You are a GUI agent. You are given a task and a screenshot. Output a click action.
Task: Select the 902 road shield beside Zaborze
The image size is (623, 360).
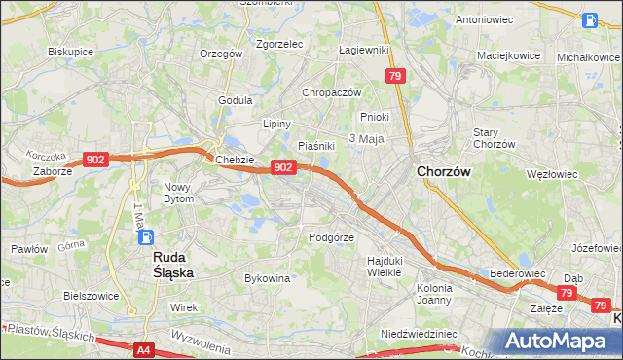[94, 160]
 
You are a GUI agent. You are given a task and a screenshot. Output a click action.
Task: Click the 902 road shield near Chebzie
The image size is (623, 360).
[282, 167]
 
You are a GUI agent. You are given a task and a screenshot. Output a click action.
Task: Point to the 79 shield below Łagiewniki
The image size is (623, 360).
[394, 76]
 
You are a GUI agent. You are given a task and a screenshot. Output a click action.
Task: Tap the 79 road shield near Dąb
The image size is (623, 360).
[567, 293]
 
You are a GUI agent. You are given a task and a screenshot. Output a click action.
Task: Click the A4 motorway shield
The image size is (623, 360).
[143, 349]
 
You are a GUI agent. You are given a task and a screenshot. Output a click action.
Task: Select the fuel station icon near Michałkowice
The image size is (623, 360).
[590, 19]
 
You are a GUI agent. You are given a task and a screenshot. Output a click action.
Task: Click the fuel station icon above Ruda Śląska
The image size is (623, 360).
[145, 236]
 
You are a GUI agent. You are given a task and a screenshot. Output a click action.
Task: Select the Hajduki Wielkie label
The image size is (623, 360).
[385, 266]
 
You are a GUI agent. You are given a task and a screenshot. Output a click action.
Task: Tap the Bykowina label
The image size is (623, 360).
[268, 278]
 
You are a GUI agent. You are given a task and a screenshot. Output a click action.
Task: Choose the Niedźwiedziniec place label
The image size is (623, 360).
[419, 333]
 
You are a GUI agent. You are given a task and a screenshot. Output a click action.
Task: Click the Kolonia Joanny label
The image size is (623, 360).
[434, 294]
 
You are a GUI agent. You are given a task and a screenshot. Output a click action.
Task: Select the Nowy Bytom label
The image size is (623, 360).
[178, 192]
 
